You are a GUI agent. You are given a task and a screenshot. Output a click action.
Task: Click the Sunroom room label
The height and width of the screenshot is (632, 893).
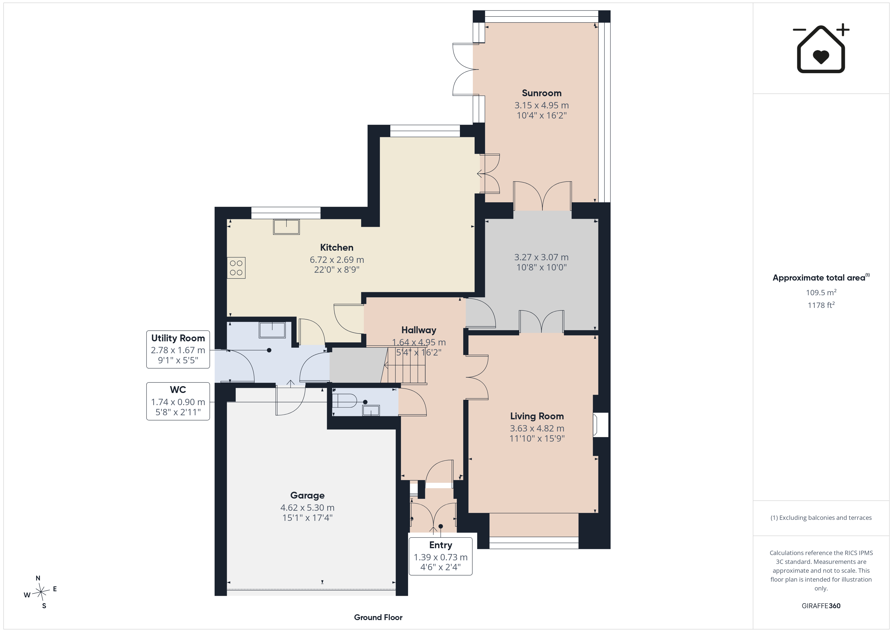541,93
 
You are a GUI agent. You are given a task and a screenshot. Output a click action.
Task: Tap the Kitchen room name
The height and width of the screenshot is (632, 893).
336,247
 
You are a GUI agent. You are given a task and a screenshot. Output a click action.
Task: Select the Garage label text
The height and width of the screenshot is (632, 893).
307,496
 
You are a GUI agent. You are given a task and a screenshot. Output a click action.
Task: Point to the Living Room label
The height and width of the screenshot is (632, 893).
537,416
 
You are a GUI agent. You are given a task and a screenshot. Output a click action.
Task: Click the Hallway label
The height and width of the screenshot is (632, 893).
418,330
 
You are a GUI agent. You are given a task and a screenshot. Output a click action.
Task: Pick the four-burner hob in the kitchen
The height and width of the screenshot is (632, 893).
236,268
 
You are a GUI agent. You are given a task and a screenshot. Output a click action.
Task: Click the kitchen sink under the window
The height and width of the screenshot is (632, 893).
286,227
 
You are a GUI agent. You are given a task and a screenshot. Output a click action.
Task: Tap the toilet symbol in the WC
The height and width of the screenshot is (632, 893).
344,401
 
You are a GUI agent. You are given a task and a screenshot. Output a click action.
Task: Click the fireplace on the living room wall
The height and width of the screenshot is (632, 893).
600,425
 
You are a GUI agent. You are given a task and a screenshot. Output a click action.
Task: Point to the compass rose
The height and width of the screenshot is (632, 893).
40,592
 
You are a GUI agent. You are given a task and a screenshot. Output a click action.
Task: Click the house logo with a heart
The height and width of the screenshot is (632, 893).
821,49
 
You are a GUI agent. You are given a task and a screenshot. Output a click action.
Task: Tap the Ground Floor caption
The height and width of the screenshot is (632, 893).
378,617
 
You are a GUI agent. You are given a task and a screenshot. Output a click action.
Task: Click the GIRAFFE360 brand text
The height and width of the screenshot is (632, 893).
821,606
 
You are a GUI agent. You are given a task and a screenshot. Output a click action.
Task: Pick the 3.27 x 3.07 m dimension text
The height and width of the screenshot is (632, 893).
541,257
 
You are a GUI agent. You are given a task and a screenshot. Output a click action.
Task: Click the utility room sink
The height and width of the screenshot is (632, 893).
272,330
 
